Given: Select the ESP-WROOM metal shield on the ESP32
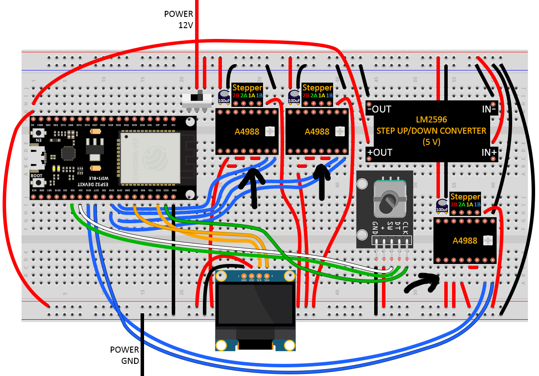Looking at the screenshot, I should (150, 157).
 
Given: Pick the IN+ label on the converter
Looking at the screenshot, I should (489, 152).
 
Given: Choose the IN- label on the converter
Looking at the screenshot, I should (489, 109).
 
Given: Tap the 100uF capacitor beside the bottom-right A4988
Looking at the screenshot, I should (442, 205).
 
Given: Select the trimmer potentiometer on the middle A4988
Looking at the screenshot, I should (340, 131).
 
